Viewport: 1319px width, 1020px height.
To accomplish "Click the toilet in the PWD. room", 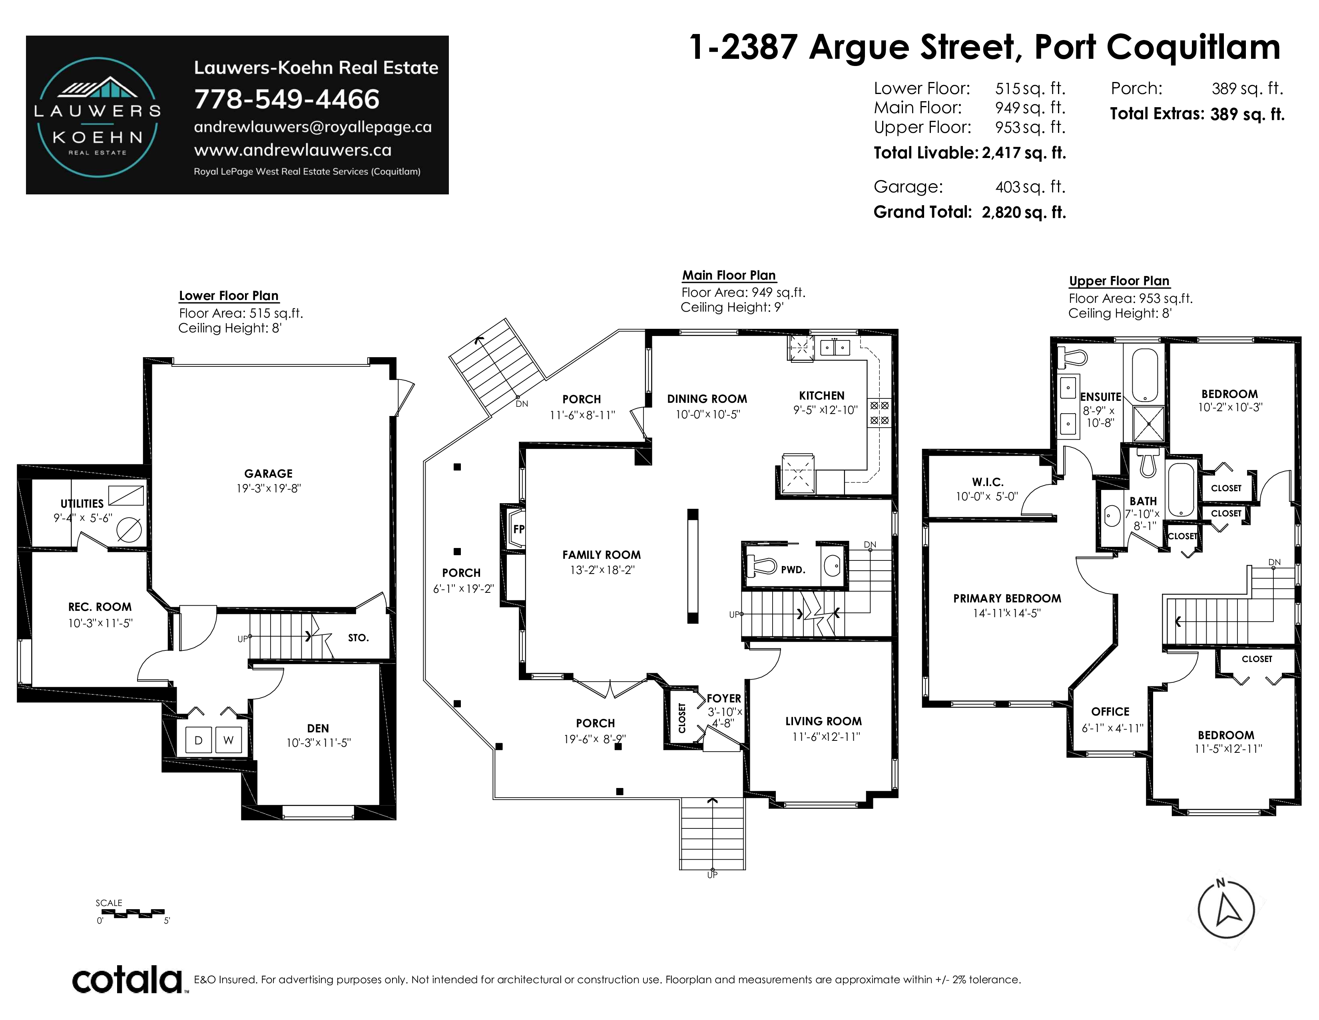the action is (x=762, y=567).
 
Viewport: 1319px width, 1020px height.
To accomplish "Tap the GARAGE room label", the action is (x=268, y=474).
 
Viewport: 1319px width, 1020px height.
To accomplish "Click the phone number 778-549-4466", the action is (x=287, y=99).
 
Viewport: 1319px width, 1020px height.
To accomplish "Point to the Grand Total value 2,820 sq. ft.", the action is (x=1024, y=212).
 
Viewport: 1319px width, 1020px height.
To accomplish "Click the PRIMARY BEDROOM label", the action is (x=1007, y=598).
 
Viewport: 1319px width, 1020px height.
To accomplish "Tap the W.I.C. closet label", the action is (x=987, y=482).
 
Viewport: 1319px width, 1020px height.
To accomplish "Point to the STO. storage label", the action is (x=358, y=638).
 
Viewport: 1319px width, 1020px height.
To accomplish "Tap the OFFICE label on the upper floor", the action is (x=1110, y=711).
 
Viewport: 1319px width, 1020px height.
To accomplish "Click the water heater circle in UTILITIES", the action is (x=129, y=530).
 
